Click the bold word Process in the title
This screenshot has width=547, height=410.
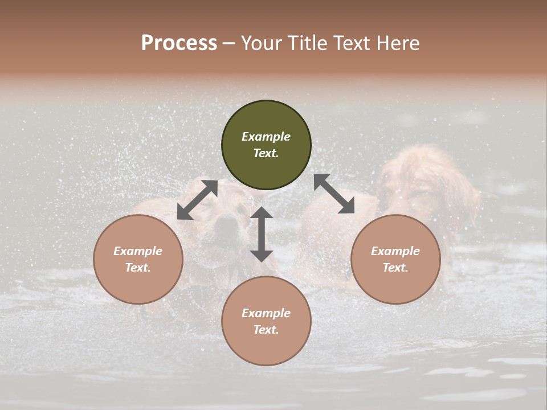point(179,43)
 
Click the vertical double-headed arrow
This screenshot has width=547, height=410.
point(262,234)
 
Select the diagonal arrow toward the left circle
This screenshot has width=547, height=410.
point(197,200)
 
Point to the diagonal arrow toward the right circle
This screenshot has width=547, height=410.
point(334,194)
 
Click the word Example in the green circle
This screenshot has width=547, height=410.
point(266,137)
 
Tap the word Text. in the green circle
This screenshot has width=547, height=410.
point(266,153)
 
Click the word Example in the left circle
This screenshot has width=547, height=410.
point(138,251)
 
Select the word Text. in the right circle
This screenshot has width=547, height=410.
point(395,268)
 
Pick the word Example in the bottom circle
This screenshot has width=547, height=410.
point(266,313)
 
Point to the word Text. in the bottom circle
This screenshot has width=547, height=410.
point(266,330)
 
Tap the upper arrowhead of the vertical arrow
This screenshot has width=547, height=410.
point(262,213)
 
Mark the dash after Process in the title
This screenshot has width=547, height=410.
point(229,44)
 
